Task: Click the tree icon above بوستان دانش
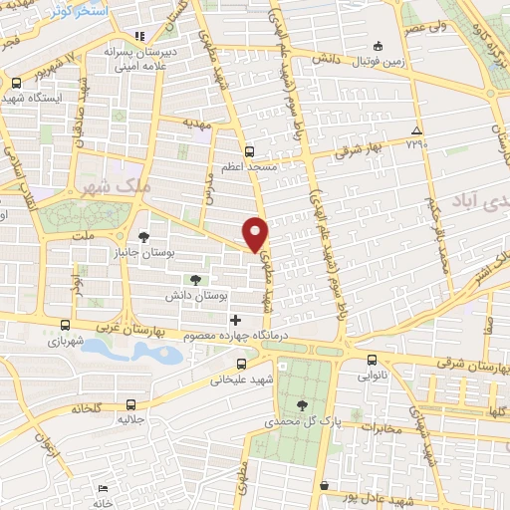(194, 280)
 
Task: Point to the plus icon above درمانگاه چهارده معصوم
(235, 320)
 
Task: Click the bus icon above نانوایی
(372, 360)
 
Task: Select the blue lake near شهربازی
(130, 352)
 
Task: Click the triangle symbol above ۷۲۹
(416, 131)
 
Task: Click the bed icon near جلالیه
(103, 488)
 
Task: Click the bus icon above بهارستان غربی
(65, 326)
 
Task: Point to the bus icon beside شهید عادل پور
(325, 485)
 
